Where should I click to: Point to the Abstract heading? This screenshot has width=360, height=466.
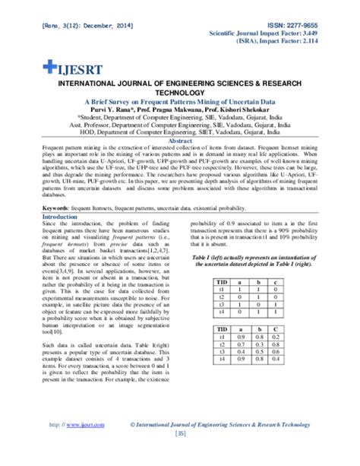coord(179,141)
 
